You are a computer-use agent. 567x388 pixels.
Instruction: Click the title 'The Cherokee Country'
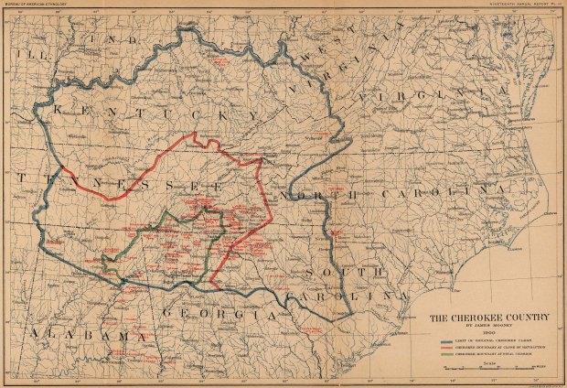coord(489,318)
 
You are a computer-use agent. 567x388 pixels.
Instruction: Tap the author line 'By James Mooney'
coord(489,327)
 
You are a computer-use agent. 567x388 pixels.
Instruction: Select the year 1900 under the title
coord(489,334)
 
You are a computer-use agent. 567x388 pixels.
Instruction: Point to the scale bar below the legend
coord(489,367)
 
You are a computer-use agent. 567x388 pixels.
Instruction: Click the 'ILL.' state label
coord(22,54)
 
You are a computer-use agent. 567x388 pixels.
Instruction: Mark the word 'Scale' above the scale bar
coord(489,361)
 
